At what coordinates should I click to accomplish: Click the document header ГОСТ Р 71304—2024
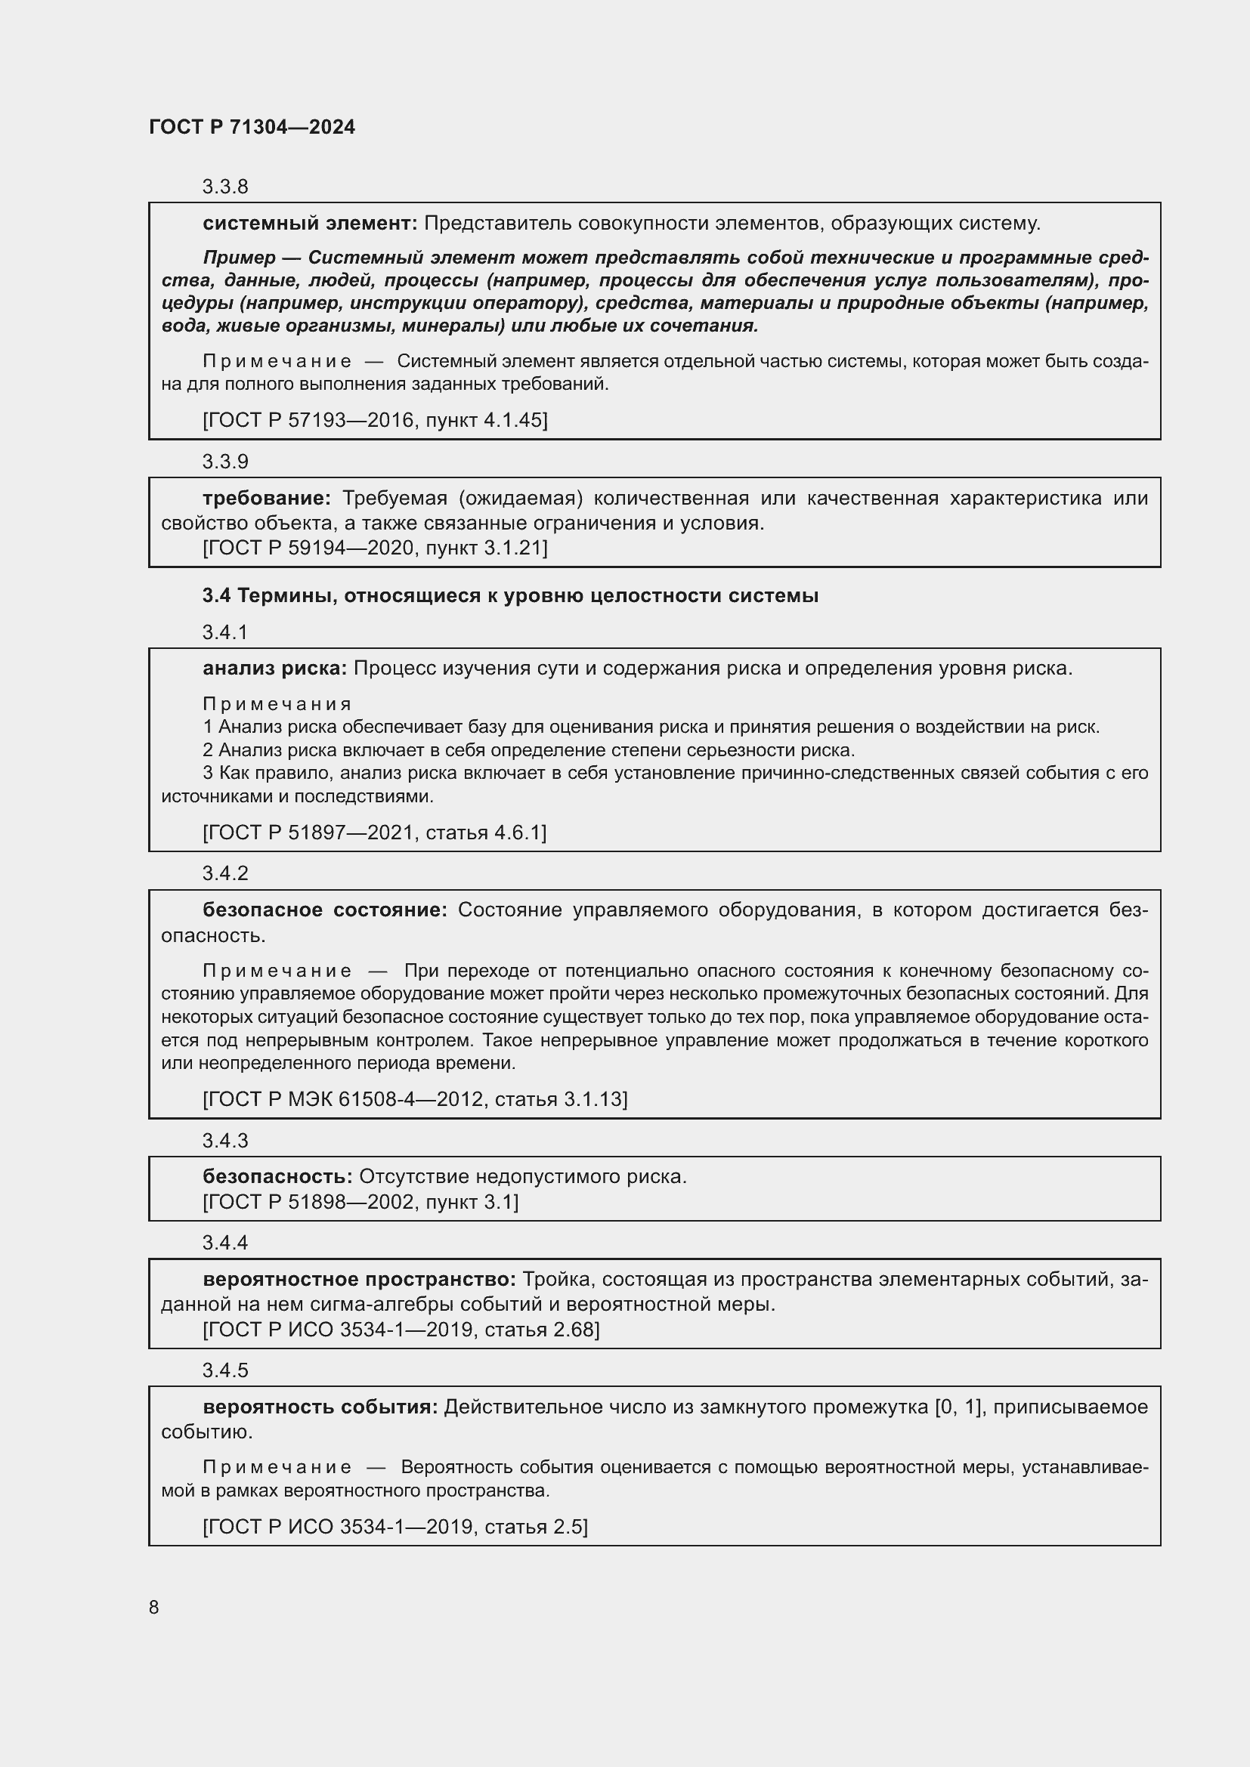click(252, 127)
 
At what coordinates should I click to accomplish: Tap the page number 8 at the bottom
click(154, 1607)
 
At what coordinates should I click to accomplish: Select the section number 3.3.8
click(224, 187)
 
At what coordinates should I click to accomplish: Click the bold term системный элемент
click(309, 223)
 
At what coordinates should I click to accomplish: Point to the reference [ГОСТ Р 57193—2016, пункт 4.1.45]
click(375, 419)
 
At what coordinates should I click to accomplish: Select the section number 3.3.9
click(224, 461)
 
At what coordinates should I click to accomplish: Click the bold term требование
click(266, 498)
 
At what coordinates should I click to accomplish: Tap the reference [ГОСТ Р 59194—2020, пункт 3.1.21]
click(375, 547)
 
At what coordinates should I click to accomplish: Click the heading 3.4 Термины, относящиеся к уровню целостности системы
click(509, 595)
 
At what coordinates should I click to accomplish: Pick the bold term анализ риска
click(275, 668)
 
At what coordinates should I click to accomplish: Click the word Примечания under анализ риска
click(277, 703)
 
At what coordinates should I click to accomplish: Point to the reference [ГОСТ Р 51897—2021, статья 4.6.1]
click(374, 832)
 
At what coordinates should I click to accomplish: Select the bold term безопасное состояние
click(324, 910)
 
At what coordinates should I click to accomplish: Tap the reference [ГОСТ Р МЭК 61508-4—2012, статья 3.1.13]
click(415, 1099)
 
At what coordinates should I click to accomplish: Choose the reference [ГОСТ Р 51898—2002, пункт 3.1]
click(360, 1201)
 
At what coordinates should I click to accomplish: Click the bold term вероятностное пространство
click(359, 1279)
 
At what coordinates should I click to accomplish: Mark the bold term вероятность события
click(320, 1407)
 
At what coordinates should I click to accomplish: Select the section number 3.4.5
click(224, 1370)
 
